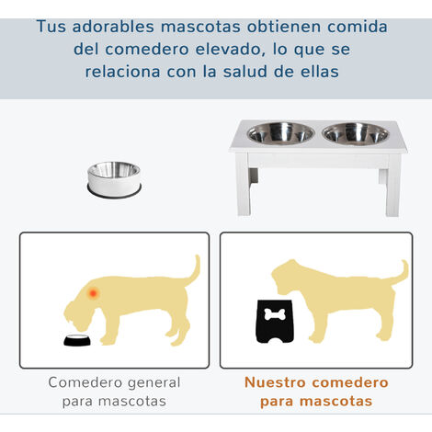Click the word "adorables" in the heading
(x=113, y=27)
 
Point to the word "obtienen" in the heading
(x=284, y=27)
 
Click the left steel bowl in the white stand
(x=280, y=133)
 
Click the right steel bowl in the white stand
(x=356, y=134)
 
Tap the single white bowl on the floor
(x=114, y=179)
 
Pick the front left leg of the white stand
(x=244, y=185)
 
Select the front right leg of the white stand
(x=393, y=186)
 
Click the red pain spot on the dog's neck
(x=93, y=293)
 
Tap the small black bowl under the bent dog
(x=77, y=340)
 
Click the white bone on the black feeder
(x=275, y=314)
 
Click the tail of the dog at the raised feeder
(x=400, y=274)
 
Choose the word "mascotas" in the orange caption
(x=336, y=402)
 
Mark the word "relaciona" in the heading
(x=122, y=72)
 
